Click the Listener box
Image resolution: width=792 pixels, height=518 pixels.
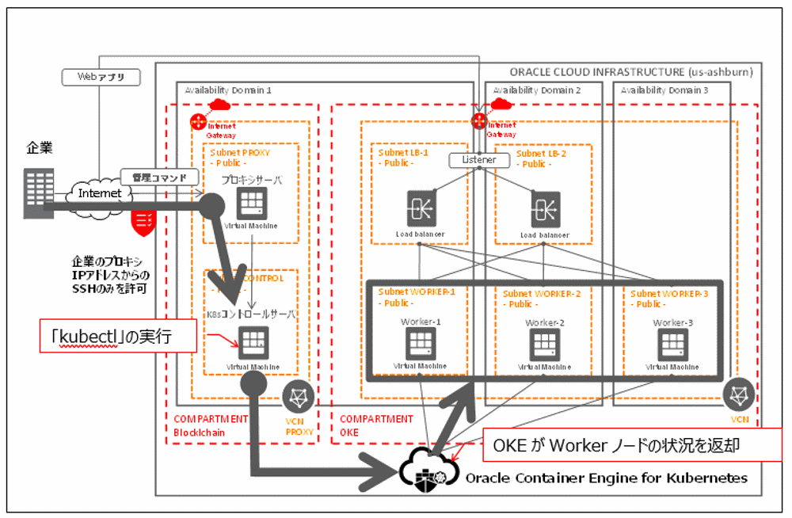coord(479,160)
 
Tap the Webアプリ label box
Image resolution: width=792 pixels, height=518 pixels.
coord(101,78)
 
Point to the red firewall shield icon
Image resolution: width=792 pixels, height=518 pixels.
coord(143,223)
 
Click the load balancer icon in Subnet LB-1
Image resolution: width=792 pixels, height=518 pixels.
coord(421,208)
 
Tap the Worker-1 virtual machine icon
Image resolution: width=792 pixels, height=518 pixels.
coord(420,343)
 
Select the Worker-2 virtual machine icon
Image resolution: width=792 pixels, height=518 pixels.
coord(544,344)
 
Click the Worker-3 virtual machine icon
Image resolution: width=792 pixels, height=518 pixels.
coord(672,344)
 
